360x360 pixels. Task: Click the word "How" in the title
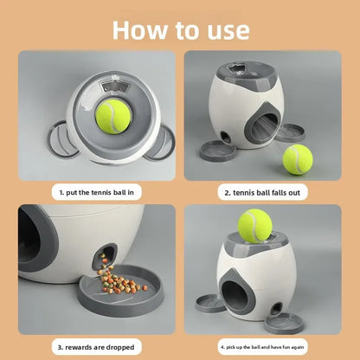tap(140, 30)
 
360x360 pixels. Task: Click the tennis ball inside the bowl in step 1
tap(113, 117)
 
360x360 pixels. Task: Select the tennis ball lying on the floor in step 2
tap(298, 159)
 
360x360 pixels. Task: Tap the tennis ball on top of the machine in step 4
tap(255, 227)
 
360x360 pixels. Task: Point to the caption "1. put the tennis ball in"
tap(97, 192)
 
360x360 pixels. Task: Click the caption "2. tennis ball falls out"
tap(262, 193)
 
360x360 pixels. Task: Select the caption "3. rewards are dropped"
tap(96, 347)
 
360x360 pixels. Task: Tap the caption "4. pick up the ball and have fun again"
tap(262, 347)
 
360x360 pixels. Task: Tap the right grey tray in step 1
tap(160, 142)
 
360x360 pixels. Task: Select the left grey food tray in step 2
tap(218, 151)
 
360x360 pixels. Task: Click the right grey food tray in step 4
tap(284, 324)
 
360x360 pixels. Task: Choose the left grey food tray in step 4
tap(210, 303)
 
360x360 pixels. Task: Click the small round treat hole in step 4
tap(276, 308)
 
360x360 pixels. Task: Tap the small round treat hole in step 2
tap(224, 136)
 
